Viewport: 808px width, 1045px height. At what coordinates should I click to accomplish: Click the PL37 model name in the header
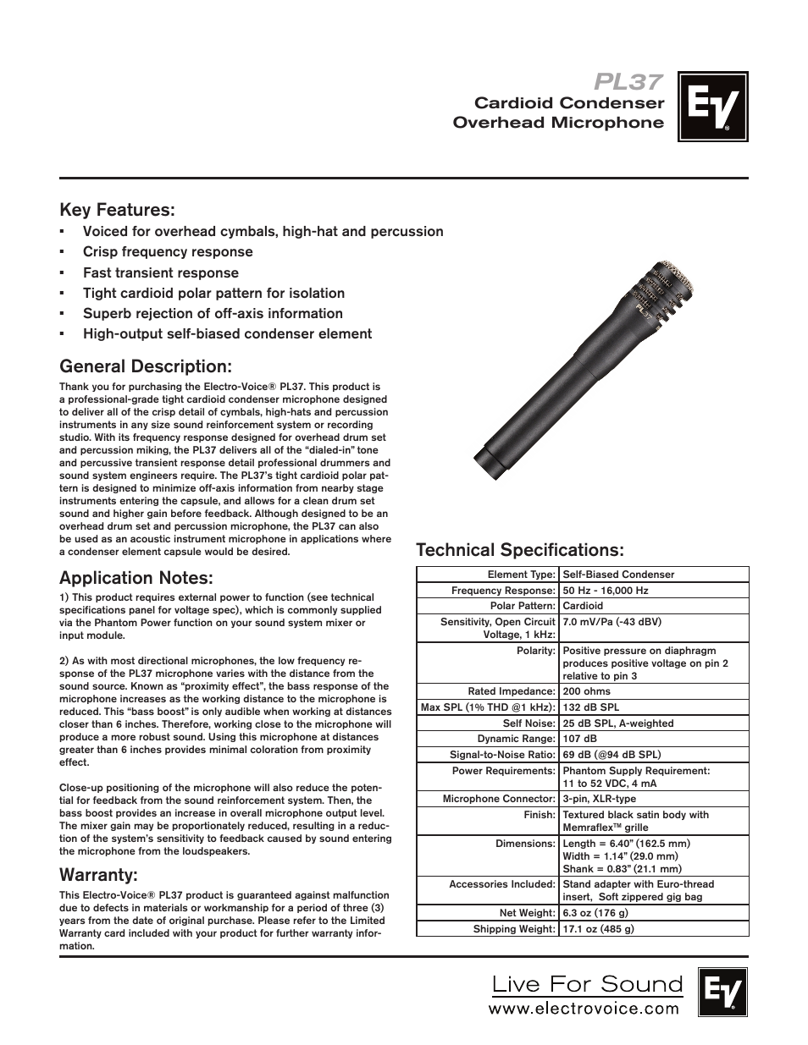tap(628, 81)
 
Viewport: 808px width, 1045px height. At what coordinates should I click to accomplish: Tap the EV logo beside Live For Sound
tap(722, 992)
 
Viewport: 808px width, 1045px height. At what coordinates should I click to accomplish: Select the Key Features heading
tap(117, 209)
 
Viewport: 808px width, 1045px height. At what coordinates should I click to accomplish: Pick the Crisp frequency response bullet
tap(168, 252)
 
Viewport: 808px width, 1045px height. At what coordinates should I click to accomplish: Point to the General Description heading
tap(145, 366)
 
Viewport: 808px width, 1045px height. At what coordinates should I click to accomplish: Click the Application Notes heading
tap(136, 578)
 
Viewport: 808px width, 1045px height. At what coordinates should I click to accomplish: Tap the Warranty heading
tap(98, 873)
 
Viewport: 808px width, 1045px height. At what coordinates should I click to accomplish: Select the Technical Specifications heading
tap(519, 550)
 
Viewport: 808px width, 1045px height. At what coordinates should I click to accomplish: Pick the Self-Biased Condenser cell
tap(618, 575)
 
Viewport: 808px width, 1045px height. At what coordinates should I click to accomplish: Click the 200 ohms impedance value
tap(587, 691)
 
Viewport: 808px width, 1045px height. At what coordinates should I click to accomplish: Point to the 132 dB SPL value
tap(590, 707)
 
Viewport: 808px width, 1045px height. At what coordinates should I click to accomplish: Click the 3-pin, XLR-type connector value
tap(599, 799)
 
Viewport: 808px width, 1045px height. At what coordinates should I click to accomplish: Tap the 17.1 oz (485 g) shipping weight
tap(598, 929)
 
